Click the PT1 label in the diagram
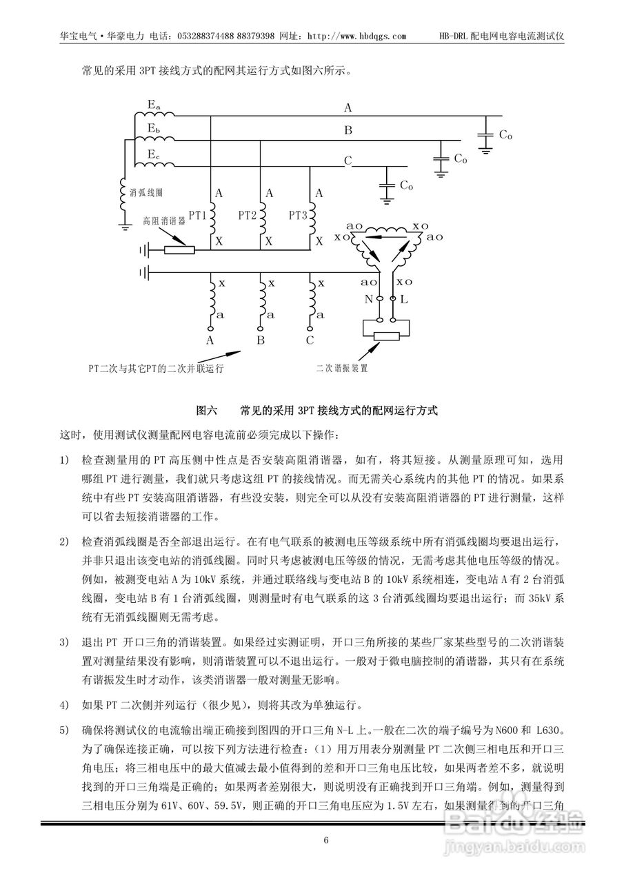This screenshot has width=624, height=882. [198, 216]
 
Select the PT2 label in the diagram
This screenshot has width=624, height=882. [248, 216]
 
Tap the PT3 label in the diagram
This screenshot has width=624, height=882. [298, 216]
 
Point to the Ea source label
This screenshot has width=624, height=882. [154, 105]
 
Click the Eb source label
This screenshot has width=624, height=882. [154, 129]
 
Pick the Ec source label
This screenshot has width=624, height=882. [154, 154]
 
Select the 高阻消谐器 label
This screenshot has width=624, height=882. [164, 221]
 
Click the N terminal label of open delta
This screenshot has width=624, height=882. [368, 300]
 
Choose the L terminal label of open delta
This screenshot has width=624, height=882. [404, 300]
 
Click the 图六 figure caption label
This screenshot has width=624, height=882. [206, 410]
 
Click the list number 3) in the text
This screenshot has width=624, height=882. [65, 643]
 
